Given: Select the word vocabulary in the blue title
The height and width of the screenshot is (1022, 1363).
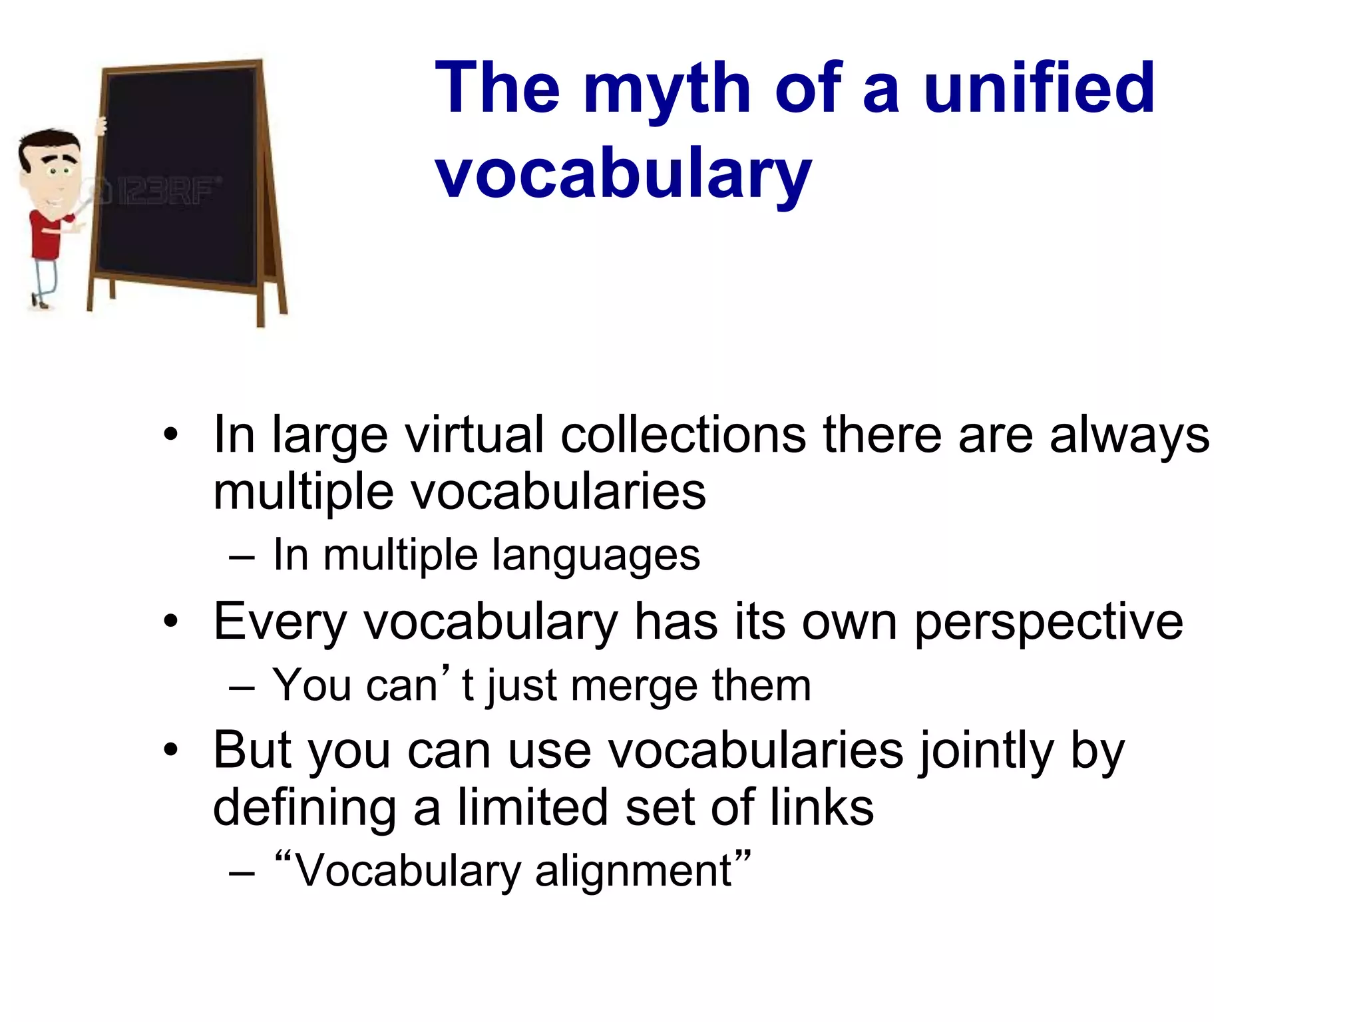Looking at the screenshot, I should tap(623, 174).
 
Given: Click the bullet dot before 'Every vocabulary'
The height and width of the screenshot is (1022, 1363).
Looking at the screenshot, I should tap(171, 621).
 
